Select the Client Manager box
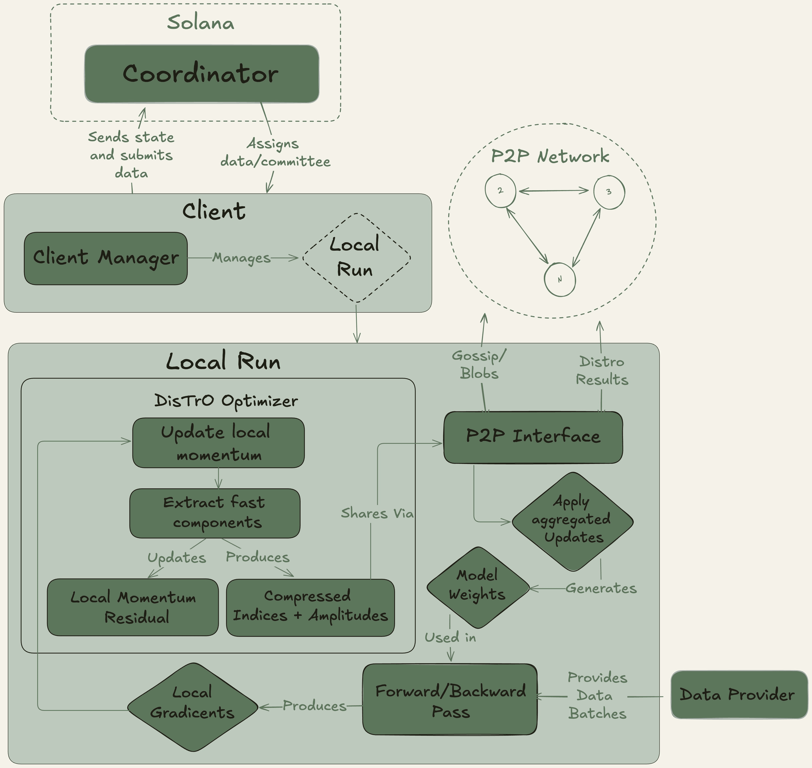(106, 258)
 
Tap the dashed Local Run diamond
(356, 258)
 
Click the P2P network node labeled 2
(500, 191)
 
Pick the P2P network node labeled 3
(609, 192)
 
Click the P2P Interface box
(533, 437)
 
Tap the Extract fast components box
(215, 513)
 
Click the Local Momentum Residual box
(133, 607)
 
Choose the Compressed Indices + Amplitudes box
(310, 607)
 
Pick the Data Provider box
(739, 695)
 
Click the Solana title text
(201, 23)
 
